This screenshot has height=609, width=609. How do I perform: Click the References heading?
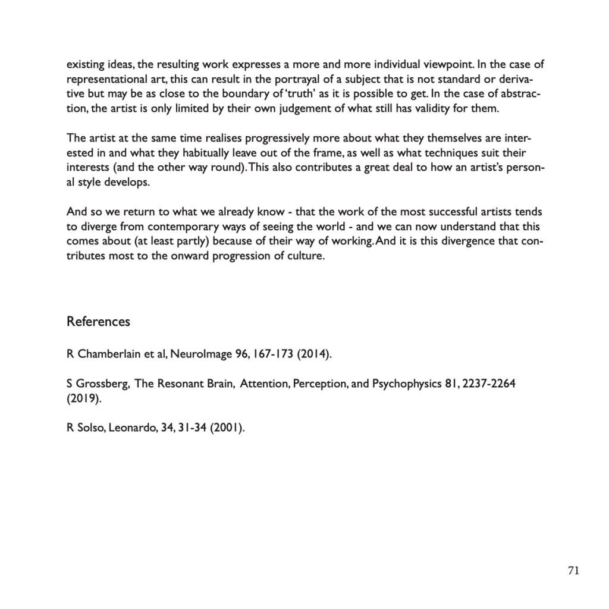click(98, 322)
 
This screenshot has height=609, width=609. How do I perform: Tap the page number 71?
click(573, 570)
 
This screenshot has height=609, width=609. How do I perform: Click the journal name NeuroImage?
click(202, 355)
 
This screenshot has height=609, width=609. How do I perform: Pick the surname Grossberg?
click(102, 384)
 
